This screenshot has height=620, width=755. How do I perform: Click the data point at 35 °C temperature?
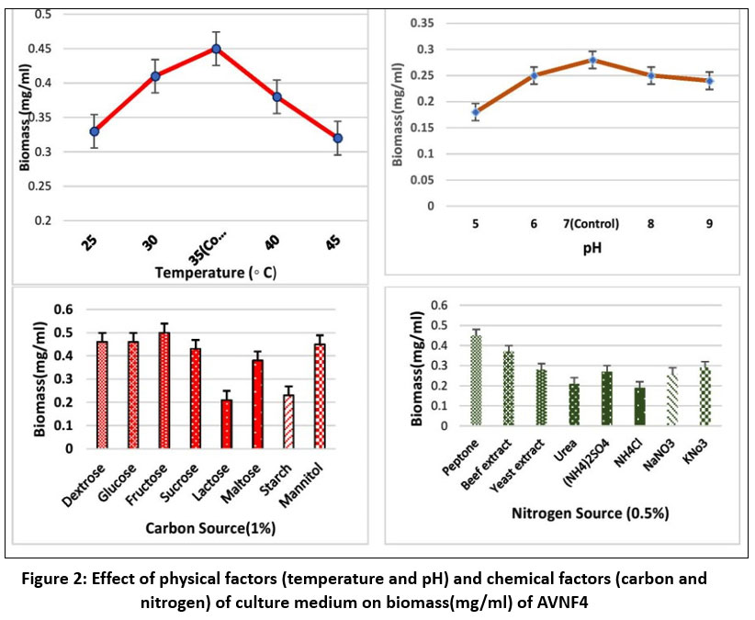[216, 49]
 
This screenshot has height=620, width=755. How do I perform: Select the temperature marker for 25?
[94, 131]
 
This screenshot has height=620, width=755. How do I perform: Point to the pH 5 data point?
[476, 112]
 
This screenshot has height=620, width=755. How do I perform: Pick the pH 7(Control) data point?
[592, 60]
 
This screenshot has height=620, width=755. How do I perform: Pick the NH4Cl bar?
[639, 406]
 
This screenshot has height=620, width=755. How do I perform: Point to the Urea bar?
[574, 404]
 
